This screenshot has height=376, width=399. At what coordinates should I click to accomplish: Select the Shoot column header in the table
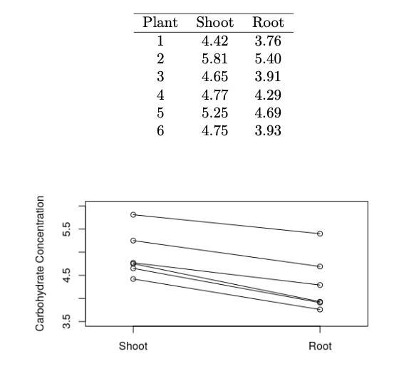click(x=214, y=22)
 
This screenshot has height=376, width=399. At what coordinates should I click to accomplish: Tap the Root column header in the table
click(x=267, y=22)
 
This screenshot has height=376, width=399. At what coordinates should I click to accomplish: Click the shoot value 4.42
click(x=214, y=40)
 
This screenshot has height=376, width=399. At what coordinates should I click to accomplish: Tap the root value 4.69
click(x=267, y=113)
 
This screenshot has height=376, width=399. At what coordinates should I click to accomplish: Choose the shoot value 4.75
click(x=214, y=130)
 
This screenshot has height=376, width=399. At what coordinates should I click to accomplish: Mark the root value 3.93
click(x=267, y=130)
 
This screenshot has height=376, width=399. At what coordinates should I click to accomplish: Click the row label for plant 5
click(x=160, y=113)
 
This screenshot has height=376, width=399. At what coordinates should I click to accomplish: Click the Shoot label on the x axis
click(x=133, y=346)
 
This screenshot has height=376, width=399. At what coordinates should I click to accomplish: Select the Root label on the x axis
click(x=320, y=346)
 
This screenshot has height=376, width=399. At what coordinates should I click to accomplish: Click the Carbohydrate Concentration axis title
click(x=41, y=263)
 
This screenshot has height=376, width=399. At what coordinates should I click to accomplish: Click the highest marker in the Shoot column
click(x=133, y=214)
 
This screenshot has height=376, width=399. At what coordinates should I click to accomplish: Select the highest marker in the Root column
click(x=320, y=234)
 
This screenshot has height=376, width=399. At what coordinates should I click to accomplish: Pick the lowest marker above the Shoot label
click(x=133, y=279)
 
